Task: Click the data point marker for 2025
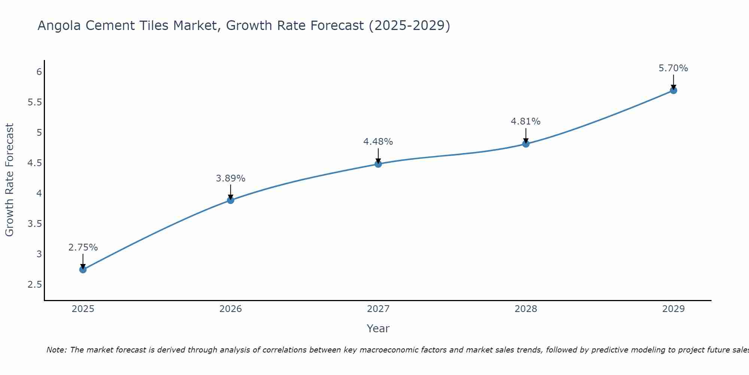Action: coord(83,269)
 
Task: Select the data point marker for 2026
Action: coord(230,200)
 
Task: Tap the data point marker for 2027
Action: coord(378,164)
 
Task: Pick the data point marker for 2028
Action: coord(525,144)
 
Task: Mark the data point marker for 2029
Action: coord(673,90)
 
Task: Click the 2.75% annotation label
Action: coord(83,247)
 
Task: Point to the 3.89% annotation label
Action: coord(230,178)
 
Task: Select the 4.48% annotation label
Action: coord(378,142)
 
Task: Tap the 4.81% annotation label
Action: coord(525,121)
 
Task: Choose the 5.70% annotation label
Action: coord(673,68)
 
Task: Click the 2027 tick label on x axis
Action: coord(378,309)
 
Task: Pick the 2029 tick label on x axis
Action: coord(673,309)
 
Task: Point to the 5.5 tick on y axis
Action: coord(34,102)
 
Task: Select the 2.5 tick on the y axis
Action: coord(34,285)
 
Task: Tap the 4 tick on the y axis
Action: coord(39,193)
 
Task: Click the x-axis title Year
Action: coord(378,328)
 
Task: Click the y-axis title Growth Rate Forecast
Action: coord(9,180)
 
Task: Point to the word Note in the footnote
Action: coord(56,350)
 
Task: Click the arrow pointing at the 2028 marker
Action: coord(525,136)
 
